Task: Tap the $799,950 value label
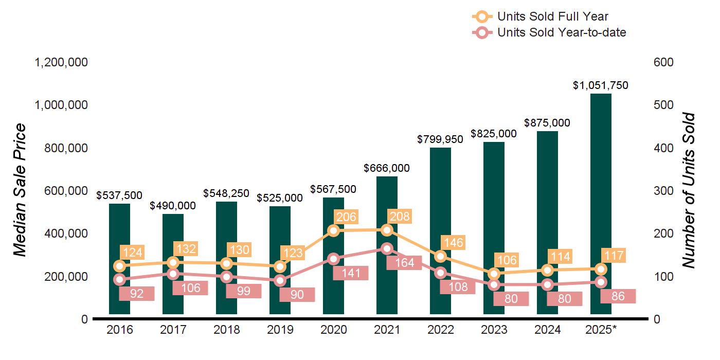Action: coord(440,139)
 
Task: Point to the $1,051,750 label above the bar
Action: coord(601,85)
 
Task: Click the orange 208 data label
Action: coord(399,217)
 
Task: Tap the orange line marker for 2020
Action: coord(333,230)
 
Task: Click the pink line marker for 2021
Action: coord(387,248)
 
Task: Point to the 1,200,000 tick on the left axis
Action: coord(61,62)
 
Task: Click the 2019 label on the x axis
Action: coord(280,330)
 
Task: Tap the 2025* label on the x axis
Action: coord(600,330)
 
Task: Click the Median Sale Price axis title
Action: coord(20,190)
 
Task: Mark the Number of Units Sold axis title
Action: coord(688,190)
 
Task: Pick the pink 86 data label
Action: coord(618,296)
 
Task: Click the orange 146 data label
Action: coord(453,242)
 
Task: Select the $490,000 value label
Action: coord(173,206)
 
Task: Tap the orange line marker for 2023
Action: coord(494,274)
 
